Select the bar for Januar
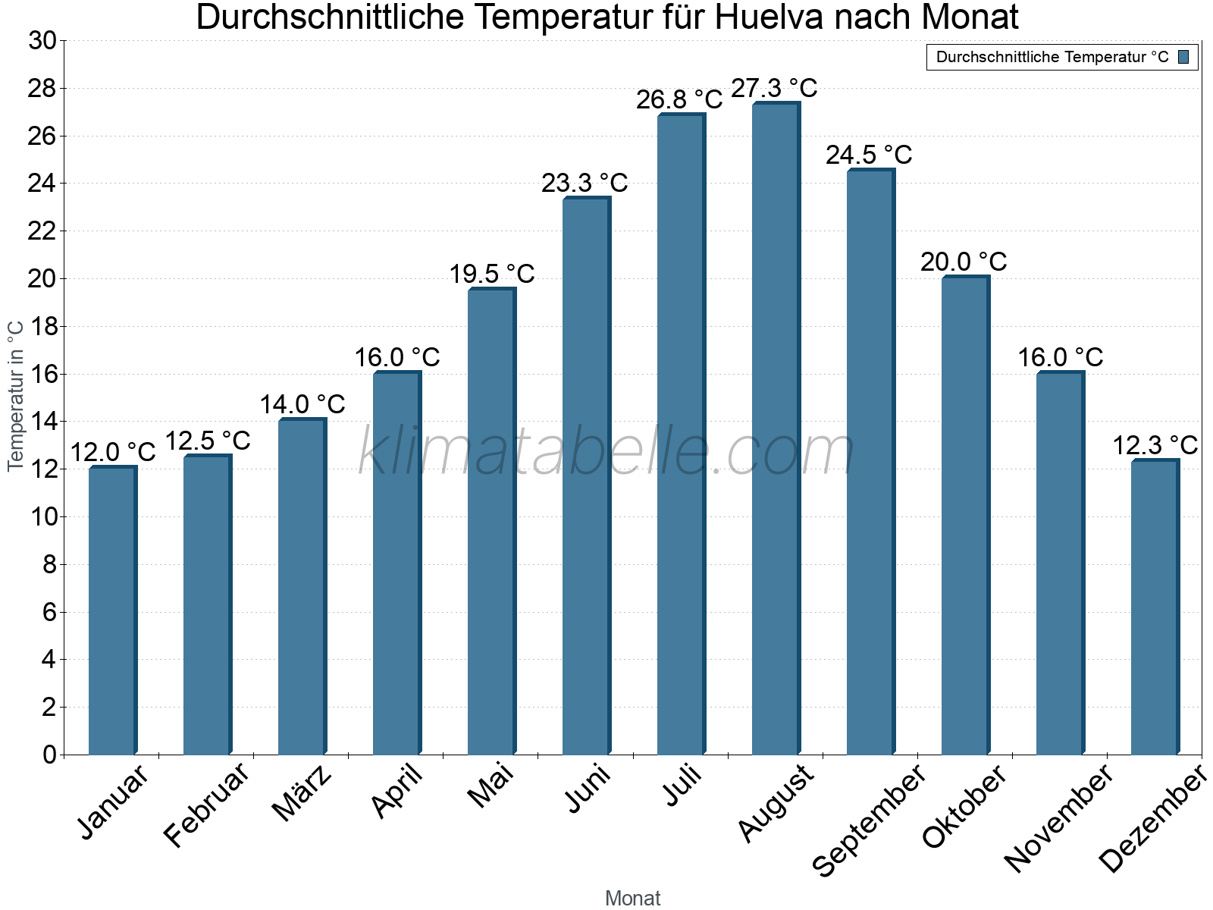tap(112, 610)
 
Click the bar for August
tap(776, 428)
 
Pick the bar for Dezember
tap(1155, 607)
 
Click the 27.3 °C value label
tap(774, 88)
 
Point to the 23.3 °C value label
tap(585, 183)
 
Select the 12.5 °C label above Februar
tap(207, 441)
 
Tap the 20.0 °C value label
tap(964, 262)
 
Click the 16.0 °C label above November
tap(1060, 357)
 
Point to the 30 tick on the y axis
tap(42, 41)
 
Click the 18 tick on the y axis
tap(42, 327)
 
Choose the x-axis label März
tap(302, 793)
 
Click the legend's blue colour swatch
tap(1184, 57)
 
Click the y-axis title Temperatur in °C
tap(16, 396)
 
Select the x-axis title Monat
tap(632, 899)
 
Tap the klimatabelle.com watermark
tap(606, 452)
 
